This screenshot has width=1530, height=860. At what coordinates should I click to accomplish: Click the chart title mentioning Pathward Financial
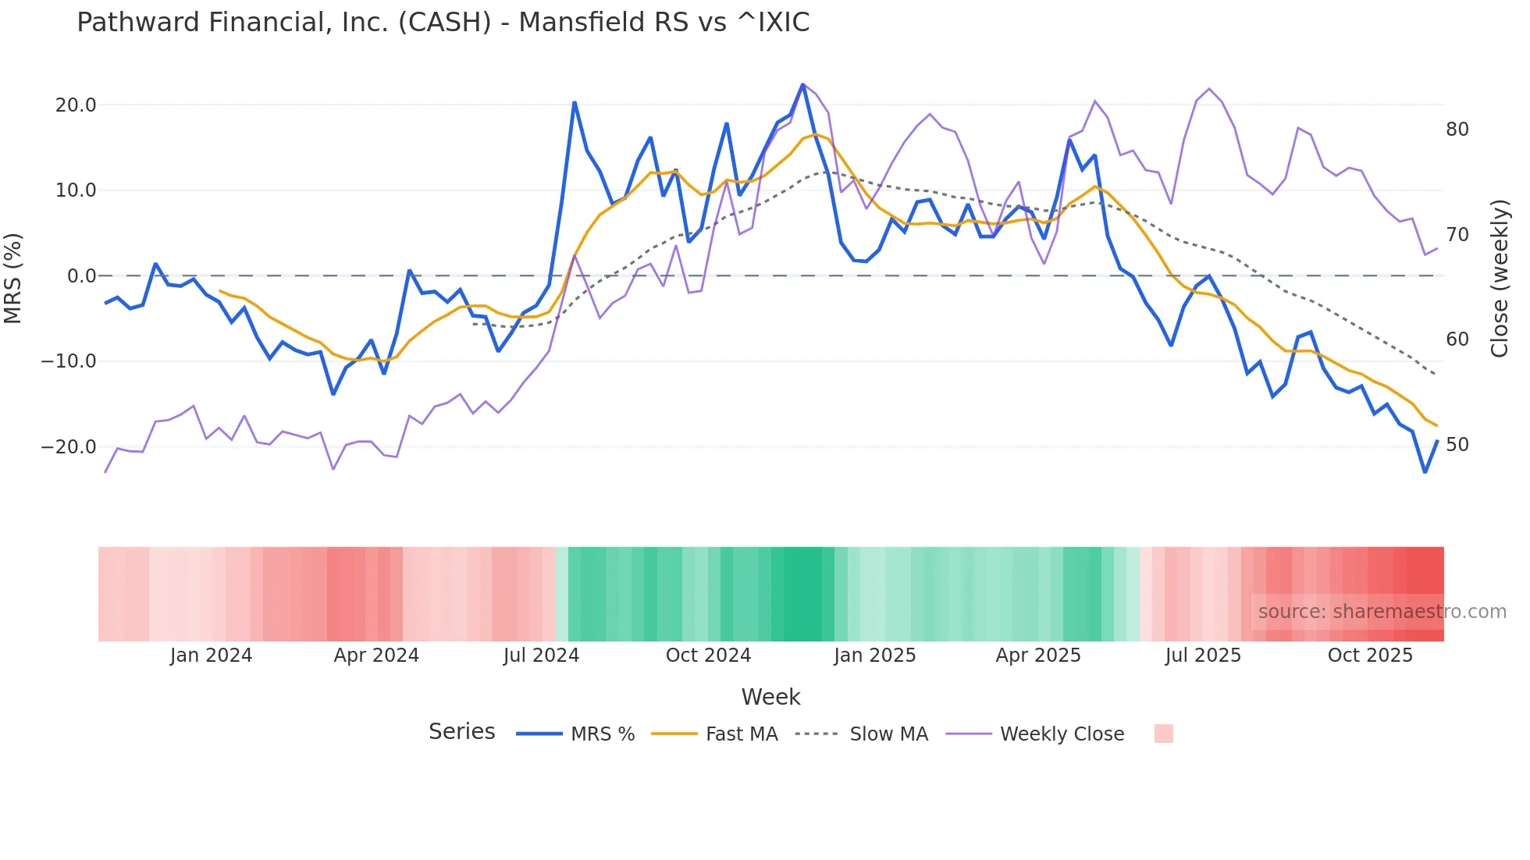443,23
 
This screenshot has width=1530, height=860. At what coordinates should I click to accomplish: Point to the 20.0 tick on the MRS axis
76,105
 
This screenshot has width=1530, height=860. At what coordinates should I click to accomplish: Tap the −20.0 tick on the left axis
69,447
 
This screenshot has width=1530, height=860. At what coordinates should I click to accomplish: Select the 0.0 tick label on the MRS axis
81,276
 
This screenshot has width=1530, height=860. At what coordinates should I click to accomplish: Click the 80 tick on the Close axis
1457,130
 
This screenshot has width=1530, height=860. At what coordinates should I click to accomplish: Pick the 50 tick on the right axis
1457,445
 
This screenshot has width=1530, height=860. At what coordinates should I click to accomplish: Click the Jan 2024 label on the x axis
211,656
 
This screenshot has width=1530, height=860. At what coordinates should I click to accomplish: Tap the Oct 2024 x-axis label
708,656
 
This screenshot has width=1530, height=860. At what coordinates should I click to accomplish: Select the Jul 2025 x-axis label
1203,656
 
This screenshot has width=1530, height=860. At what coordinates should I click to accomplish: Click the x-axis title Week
770,697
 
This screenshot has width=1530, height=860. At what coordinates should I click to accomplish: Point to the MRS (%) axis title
13,278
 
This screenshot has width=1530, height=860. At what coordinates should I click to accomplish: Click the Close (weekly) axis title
1499,279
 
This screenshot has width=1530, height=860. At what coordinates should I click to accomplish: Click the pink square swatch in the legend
1163,734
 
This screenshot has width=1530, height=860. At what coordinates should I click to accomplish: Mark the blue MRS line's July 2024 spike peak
575,102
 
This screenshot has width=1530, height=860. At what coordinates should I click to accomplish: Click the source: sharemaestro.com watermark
1382,612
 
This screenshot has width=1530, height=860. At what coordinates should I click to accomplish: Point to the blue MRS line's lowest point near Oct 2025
1425,472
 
